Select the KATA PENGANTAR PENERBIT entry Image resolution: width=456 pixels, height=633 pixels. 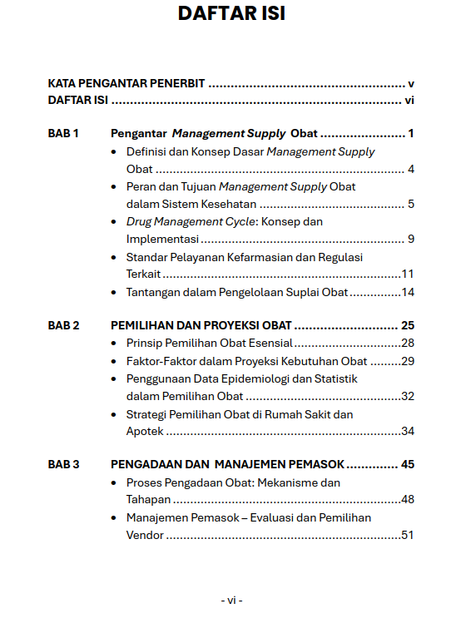(x=126, y=84)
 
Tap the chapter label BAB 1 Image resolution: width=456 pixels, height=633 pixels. (x=63, y=133)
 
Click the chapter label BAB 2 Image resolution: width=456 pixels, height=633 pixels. (x=63, y=325)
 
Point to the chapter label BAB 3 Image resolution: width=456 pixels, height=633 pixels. (x=63, y=464)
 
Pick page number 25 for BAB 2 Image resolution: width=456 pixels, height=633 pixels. (x=407, y=325)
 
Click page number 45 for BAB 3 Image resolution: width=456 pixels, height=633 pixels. (x=407, y=464)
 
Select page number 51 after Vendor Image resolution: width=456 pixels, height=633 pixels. (x=407, y=535)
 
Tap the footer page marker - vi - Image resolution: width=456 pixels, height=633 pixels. (x=231, y=600)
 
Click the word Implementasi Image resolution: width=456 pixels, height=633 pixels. (x=162, y=240)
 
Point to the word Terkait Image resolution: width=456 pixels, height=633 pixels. (x=143, y=274)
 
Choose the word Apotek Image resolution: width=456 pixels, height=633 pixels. (x=145, y=431)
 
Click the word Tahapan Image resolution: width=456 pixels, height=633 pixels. (x=148, y=500)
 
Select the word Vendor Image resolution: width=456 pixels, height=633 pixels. (x=145, y=535)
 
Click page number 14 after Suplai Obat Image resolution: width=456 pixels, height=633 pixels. (x=407, y=292)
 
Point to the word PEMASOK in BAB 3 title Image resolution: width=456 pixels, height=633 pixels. (x=314, y=464)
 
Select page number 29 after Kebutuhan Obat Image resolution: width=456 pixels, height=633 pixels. (x=407, y=361)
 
